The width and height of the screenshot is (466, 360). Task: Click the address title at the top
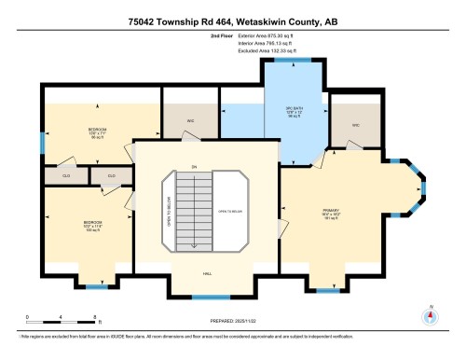(232, 15)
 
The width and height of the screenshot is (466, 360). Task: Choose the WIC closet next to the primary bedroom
(356, 124)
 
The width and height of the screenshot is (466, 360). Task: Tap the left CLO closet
(66, 174)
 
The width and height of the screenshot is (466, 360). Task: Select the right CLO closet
(111, 174)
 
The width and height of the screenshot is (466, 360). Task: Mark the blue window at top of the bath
(291, 59)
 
